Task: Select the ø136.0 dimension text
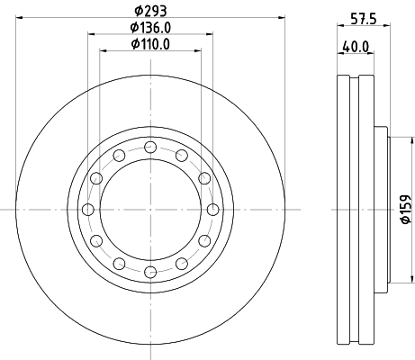(149, 29)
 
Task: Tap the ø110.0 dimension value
(149, 43)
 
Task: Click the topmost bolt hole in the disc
(149, 148)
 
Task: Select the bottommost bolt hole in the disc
(149, 272)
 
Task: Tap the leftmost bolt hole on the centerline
(87, 210)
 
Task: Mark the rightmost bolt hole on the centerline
(212, 210)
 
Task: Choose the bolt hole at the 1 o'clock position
(181, 156)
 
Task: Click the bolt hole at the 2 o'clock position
(203, 178)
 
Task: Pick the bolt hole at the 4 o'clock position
(203, 241)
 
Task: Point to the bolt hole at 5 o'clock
(181, 264)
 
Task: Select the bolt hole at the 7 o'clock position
(118, 264)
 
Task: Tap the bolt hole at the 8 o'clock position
(95, 241)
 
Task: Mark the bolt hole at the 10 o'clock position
(95, 178)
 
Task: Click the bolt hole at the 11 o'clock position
(118, 156)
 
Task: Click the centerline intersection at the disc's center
(149, 210)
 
